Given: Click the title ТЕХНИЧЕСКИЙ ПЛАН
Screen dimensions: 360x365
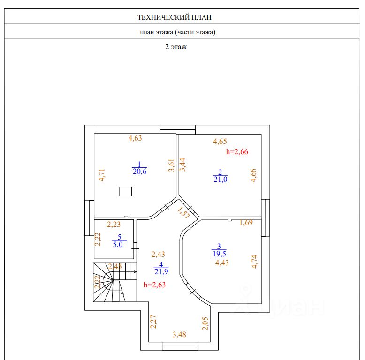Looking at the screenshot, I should coord(175,17).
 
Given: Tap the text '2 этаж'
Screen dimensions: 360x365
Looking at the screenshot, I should coord(175,47).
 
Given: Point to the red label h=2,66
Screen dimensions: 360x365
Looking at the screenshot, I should coord(243,151).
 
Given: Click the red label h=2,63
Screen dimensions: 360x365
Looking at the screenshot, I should coord(154,284).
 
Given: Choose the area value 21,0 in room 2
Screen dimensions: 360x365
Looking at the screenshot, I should coord(220,179).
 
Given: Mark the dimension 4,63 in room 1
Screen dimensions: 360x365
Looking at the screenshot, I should coord(135,138).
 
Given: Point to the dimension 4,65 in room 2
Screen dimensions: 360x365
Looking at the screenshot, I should coord(220,141).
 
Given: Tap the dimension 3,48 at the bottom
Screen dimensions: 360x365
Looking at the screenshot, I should coord(179,334).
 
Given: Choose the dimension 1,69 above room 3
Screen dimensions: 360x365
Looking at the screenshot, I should coord(246,223).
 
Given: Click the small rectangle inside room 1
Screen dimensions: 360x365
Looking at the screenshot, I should coord(125,191).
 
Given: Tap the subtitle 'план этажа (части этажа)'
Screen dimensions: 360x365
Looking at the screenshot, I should coord(177,32).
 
